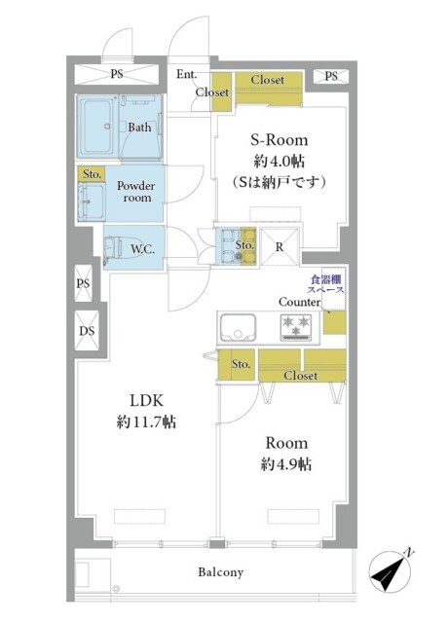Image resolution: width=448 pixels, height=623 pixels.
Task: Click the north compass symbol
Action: (x=391, y=571)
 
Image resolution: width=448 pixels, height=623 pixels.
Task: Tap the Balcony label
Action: (x=221, y=572)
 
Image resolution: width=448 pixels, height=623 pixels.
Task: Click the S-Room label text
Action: (x=280, y=140)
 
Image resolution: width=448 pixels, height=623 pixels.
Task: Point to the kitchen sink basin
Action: (x=238, y=328)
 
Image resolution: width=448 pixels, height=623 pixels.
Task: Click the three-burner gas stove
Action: (x=296, y=327)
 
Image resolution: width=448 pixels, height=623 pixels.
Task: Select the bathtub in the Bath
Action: (x=97, y=127)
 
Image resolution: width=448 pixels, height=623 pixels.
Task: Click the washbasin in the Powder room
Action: (x=92, y=202)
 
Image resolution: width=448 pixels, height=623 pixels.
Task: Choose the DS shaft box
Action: (x=87, y=331)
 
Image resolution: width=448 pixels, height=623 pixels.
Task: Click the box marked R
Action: (x=280, y=246)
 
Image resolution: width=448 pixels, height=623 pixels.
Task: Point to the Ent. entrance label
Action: (x=186, y=74)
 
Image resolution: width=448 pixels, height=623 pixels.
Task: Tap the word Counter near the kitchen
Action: (x=299, y=302)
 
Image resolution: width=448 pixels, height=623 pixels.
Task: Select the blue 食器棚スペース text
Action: (x=326, y=284)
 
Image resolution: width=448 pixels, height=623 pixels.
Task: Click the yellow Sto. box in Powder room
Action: (x=92, y=174)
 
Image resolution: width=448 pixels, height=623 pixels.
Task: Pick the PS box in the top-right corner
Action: (x=331, y=76)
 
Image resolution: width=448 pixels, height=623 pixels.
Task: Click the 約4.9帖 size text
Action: (x=285, y=464)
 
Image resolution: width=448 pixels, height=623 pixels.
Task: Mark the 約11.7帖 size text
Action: (x=146, y=421)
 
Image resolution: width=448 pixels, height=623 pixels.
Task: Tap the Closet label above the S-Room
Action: (x=268, y=80)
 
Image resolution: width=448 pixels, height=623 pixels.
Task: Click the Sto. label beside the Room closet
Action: (x=241, y=364)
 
